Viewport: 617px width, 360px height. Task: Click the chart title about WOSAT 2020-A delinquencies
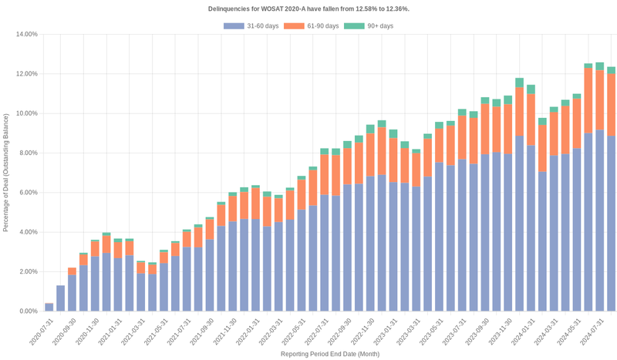coord(308,8)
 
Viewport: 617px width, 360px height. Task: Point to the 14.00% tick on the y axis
coord(26,35)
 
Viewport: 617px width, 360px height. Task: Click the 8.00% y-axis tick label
coord(28,153)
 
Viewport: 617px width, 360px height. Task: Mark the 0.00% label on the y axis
coord(28,311)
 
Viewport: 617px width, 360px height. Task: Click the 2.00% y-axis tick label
coord(28,272)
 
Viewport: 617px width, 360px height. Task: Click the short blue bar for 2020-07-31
coord(49,307)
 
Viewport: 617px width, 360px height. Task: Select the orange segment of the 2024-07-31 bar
coord(600,100)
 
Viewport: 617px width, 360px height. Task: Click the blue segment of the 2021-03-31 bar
coord(141,292)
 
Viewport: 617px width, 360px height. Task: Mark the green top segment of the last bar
coord(612,70)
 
